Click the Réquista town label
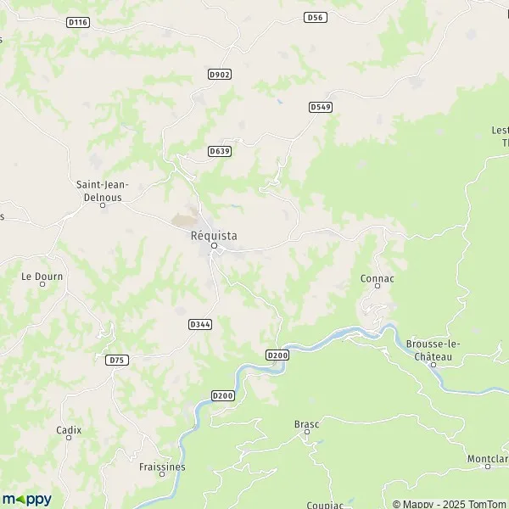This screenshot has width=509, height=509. pyautogui.click(x=214, y=235)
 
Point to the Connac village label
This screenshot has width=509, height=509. pyautogui.click(x=378, y=277)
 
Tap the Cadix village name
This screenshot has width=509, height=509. pyautogui.click(x=69, y=430)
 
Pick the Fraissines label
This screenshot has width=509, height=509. pyautogui.click(x=162, y=467)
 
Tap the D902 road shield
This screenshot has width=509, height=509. pyautogui.click(x=219, y=75)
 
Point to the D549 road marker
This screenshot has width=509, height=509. pyautogui.click(x=320, y=107)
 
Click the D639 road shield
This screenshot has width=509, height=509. pyautogui.click(x=219, y=151)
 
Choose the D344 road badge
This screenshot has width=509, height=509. pyautogui.click(x=201, y=324)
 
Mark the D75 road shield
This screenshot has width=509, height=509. pyautogui.click(x=117, y=360)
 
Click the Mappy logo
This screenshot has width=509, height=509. pyautogui.click(x=27, y=499)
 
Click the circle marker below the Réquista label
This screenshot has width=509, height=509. pyautogui.click(x=214, y=246)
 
